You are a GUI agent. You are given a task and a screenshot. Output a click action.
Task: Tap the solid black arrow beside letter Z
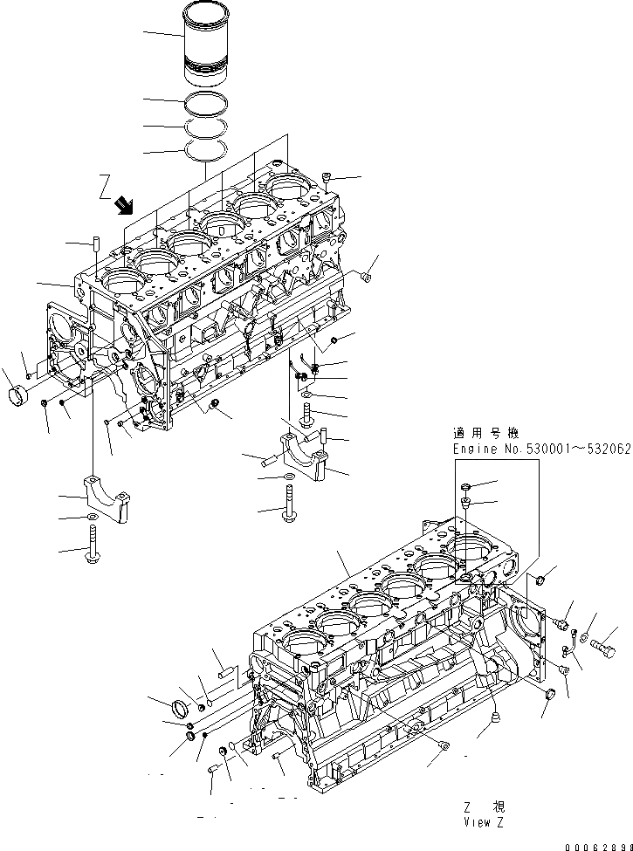pos(125,204)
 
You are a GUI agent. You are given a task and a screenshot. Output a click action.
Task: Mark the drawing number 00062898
pos(596,845)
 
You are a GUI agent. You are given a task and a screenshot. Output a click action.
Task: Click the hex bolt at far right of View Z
pos(605,649)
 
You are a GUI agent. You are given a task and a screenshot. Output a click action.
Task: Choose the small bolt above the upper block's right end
pos(326,178)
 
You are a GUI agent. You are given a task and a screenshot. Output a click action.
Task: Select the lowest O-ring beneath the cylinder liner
pos(210,151)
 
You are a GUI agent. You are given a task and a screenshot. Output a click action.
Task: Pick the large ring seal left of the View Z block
pos(186,706)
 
